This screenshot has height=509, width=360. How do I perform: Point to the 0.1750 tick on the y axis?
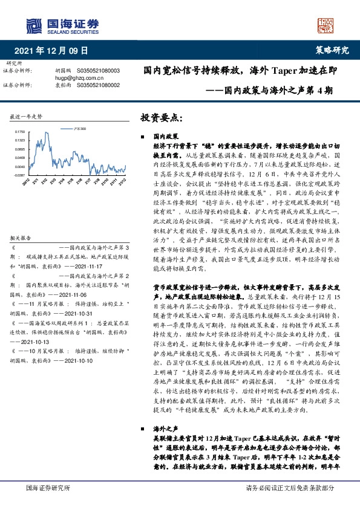point(20,131)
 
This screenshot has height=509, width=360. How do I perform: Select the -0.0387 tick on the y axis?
point(20,175)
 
